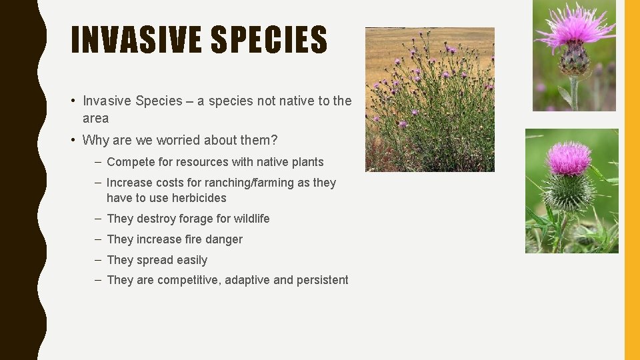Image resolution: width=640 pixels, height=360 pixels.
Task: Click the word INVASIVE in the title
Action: (136, 40)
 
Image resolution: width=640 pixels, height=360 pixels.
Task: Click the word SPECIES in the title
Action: (269, 40)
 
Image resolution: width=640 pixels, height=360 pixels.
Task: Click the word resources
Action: (201, 162)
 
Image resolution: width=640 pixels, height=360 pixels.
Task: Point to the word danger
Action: (225, 239)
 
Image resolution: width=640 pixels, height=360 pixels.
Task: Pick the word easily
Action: (192, 260)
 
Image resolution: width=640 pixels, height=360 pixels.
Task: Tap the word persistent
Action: (322, 280)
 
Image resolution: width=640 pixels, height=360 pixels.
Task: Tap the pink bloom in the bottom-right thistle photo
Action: (568, 158)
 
